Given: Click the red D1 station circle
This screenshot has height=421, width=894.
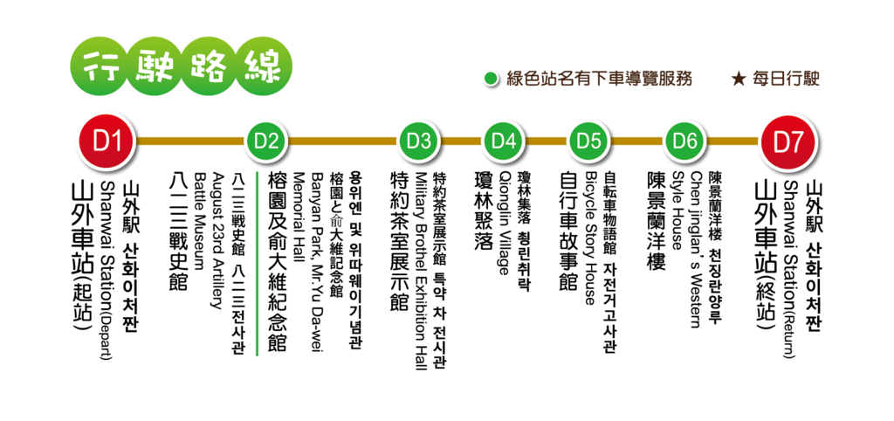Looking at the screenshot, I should pyautogui.click(x=106, y=141).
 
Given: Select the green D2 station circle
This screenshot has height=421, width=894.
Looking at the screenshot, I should pyautogui.click(x=265, y=141).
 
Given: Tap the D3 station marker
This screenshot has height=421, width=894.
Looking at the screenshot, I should pyautogui.click(x=418, y=141).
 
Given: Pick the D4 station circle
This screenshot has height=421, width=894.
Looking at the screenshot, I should pyautogui.click(x=503, y=141).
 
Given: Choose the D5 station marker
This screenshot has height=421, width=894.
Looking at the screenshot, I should pyautogui.click(x=588, y=141).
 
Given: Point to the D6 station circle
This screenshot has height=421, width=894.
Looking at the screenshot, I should pyautogui.click(x=684, y=141).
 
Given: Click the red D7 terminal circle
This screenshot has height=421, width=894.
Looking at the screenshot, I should pyautogui.click(x=788, y=141).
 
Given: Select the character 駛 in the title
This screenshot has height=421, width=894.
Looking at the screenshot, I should pyautogui.click(x=155, y=66).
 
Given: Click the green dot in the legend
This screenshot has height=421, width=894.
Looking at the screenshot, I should pyautogui.click(x=490, y=79).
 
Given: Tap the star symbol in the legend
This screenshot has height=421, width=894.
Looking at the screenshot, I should pyautogui.click(x=738, y=79).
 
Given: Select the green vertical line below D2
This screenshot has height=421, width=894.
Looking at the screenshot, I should pyautogui.click(x=257, y=262).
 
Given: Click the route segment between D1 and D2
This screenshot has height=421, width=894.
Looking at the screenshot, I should pyautogui.click(x=188, y=141).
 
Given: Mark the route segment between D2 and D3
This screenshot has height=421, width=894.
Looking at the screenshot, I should pyautogui.click(x=341, y=141).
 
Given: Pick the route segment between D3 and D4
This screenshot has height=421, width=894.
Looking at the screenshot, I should pyautogui.click(x=461, y=141).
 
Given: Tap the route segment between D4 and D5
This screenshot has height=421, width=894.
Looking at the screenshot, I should pyautogui.click(x=546, y=141).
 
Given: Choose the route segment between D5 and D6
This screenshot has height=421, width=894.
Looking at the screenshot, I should pyautogui.click(x=636, y=141).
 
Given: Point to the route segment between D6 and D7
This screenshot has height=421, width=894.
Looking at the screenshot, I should pyautogui.click(x=732, y=141).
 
